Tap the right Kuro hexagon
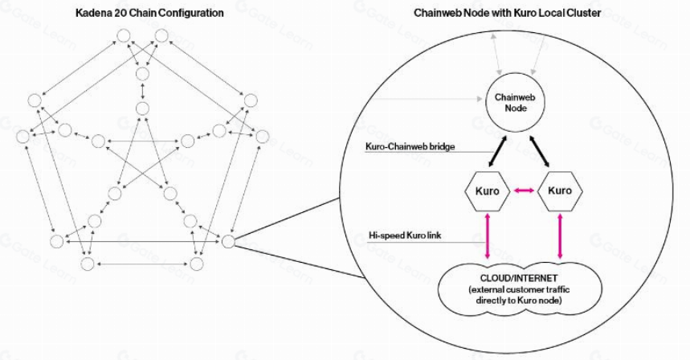[x=559, y=191]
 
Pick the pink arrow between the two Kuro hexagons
[x=524, y=191]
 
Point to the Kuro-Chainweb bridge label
[x=407, y=148]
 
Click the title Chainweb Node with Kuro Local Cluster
[x=507, y=14]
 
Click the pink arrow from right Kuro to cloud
[x=560, y=233]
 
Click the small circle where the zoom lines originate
[x=228, y=240]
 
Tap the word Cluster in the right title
[x=583, y=14]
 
